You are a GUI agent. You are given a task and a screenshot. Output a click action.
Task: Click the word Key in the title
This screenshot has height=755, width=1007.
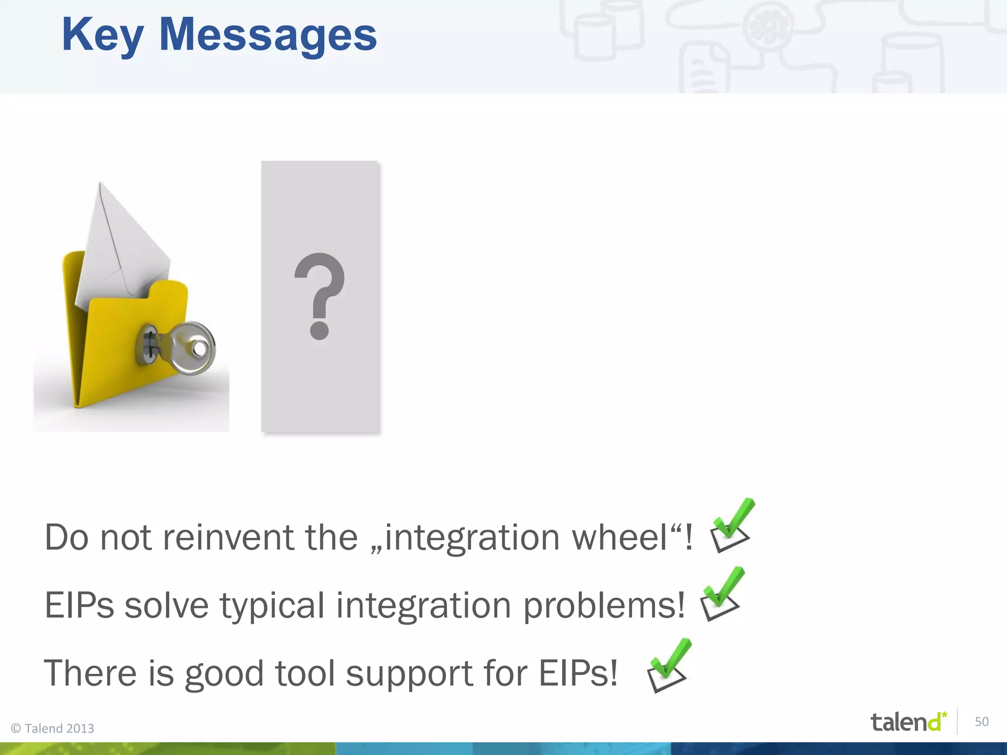click(x=102, y=35)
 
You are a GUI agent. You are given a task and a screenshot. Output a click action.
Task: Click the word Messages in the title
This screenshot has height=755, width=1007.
click(x=268, y=35)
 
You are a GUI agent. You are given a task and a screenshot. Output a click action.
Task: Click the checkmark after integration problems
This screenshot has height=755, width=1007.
click(x=721, y=594)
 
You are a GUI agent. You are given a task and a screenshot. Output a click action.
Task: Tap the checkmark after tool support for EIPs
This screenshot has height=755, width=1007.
click(x=668, y=666)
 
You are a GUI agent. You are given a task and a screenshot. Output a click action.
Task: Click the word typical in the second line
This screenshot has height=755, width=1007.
click(x=272, y=606)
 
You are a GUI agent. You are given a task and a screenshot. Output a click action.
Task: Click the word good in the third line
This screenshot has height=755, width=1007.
click(x=224, y=673)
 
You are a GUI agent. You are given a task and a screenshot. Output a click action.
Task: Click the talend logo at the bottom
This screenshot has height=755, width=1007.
click(x=908, y=722)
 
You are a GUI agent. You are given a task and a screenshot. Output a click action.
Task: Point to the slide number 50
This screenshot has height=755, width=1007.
click(x=981, y=722)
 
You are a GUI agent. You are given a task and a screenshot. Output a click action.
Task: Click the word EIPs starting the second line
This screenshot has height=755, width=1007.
click(x=79, y=606)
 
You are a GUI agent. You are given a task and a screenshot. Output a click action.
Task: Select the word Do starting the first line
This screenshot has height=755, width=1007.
click(x=67, y=537)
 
